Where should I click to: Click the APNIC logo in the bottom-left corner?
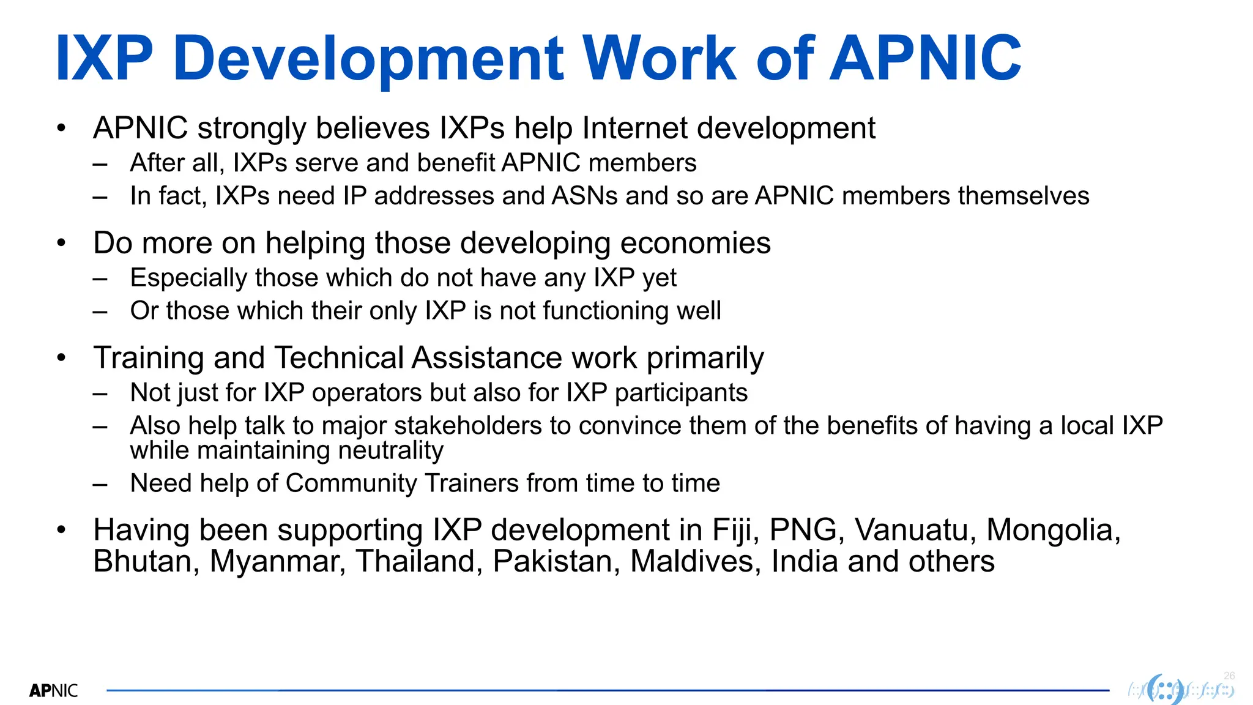tap(54, 691)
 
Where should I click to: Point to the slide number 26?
tap(1229, 676)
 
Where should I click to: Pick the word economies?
tap(696, 244)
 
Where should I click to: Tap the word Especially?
tap(188, 278)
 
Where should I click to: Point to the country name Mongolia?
tap(1054, 531)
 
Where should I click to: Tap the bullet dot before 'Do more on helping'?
tap(61, 244)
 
